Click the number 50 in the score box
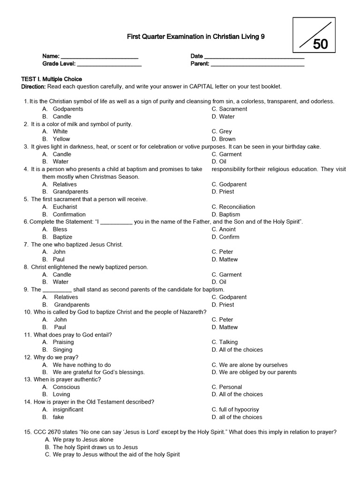click(x=321, y=44)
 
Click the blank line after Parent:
click(x=257, y=64)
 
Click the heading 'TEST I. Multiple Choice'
click(x=52, y=79)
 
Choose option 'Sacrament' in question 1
click(x=233, y=109)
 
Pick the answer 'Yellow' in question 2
click(x=61, y=139)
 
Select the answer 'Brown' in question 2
click(x=227, y=139)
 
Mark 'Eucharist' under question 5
click(x=65, y=207)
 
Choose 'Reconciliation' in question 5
click(x=237, y=207)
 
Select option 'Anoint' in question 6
click(x=227, y=229)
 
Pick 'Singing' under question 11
click(x=63, y=350)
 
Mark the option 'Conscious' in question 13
click(x=66, y=387)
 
